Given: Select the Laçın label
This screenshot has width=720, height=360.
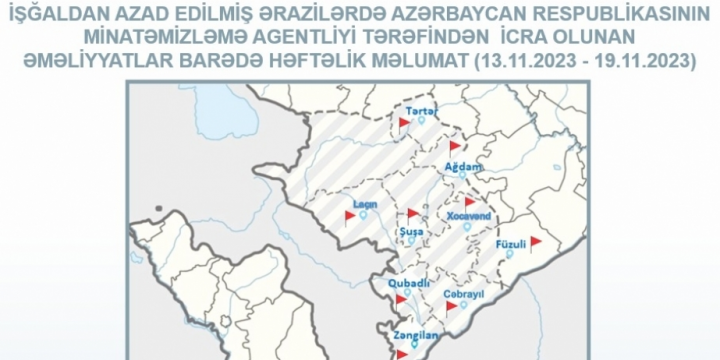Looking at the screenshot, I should pos(364,204).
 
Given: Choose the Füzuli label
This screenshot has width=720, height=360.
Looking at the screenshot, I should pos(510,244).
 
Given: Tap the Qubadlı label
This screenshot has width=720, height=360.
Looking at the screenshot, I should pos(406,281).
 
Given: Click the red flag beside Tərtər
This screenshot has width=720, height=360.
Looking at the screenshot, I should pos(404,122).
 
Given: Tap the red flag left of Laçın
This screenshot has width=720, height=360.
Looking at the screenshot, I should pos(350,215).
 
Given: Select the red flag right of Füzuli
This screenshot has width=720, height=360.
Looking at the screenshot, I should pos(536,241).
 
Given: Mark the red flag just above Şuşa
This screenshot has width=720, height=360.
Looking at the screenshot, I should pos(411,213).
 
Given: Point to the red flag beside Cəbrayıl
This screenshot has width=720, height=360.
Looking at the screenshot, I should pos(451,306).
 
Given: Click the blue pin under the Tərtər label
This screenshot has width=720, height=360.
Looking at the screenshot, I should pos(421,121).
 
